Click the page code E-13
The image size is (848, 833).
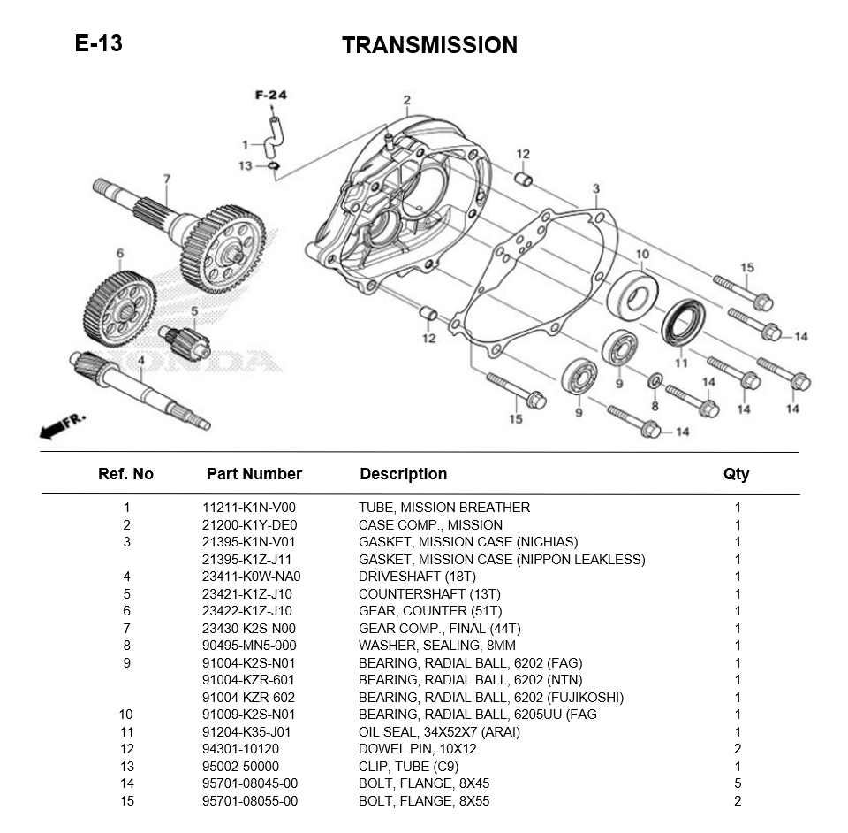coord(98,43)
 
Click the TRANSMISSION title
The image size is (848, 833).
coord(429,45)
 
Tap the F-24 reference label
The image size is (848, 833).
coord(271,96)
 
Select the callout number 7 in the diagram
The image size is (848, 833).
coord(166,180)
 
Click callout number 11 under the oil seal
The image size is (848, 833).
coord(681,363)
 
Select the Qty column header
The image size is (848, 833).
coord(736,474)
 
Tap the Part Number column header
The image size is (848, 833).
coord(254,474)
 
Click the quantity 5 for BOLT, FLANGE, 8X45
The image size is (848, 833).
coord(738,783)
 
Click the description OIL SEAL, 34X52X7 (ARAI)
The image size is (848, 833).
coord(439,732)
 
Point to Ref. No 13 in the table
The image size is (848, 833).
coord(126,767)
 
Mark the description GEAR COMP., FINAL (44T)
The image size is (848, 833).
coord(428,629)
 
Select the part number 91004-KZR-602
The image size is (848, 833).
coord(248,698)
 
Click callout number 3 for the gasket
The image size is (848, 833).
coord(596,189)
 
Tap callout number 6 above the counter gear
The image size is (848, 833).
coord(120,254)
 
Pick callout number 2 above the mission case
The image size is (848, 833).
coord(407,100)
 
